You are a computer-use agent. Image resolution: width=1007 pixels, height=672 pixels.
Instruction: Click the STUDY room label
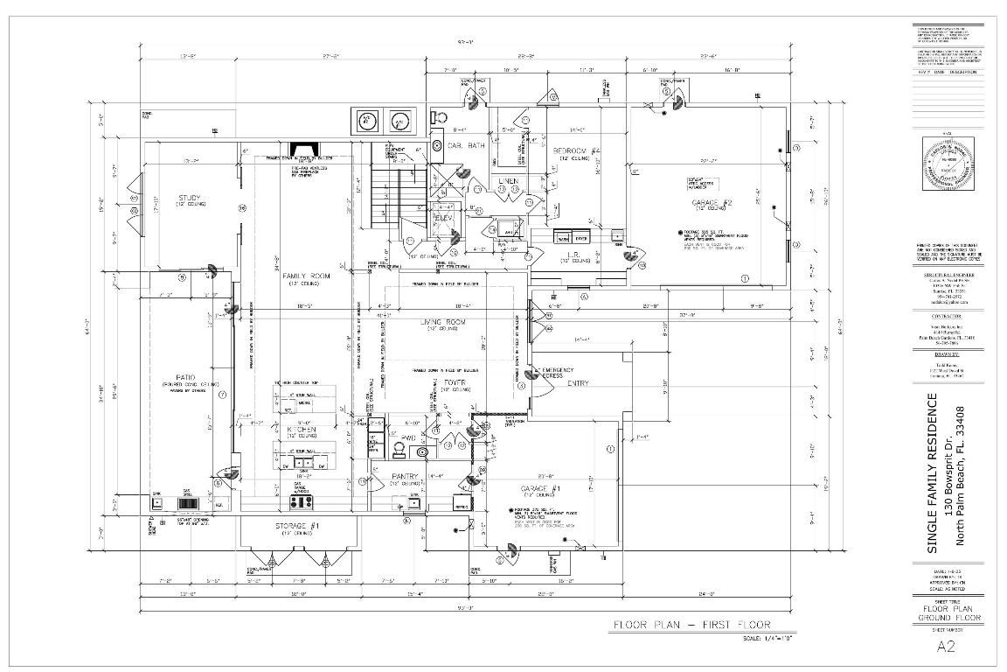[x=190, y=198]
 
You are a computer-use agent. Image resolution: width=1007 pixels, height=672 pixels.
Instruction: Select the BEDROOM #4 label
[x=576, y=151]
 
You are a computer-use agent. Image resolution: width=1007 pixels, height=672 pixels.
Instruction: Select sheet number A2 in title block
[x=946, y=647]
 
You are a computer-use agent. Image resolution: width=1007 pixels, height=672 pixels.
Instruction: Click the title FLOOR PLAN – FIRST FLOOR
[x=691, y=625]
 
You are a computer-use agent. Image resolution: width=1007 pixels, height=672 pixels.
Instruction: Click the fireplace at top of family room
[x=305, y=147]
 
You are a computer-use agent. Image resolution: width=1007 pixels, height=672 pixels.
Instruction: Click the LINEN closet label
[x=508, y=181]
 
